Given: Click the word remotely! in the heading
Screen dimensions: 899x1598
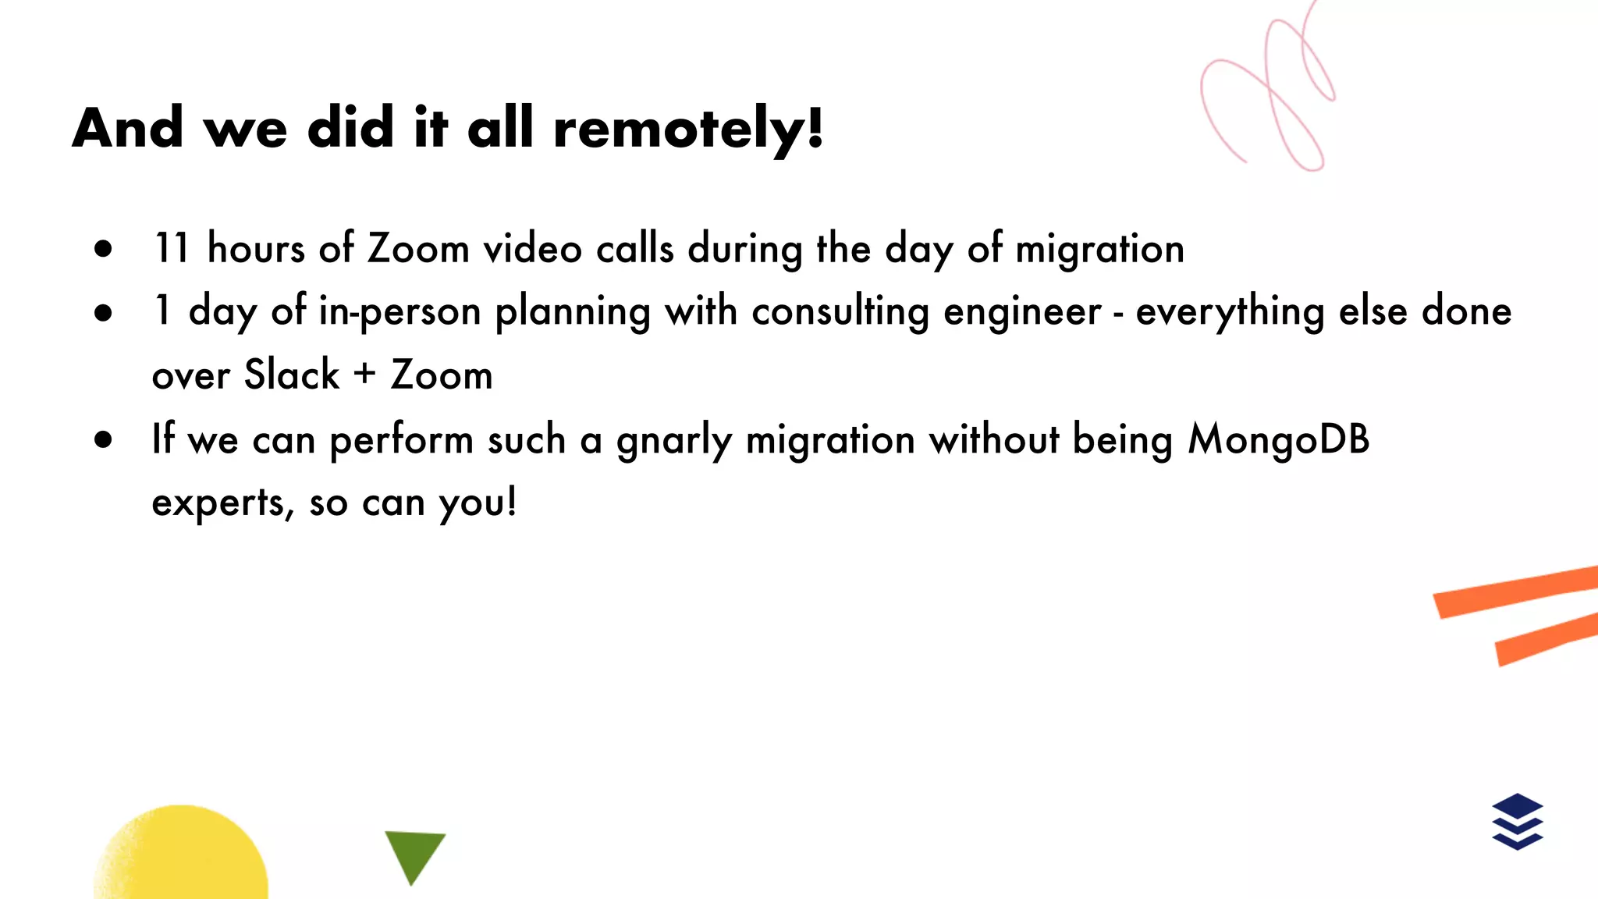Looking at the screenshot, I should coord(688,129).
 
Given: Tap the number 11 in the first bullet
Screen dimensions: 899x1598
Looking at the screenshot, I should coord(172,249).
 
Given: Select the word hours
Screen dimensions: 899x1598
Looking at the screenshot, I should coord(256,249).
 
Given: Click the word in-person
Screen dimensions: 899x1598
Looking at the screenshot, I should coord(399,312).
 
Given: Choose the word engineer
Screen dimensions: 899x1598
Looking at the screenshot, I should coord(1022,312).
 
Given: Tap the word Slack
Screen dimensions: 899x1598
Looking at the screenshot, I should coord(292,375).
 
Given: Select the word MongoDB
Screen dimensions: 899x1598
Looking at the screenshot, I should coord(1279,439).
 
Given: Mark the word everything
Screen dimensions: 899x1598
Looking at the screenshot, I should coord(1230,312).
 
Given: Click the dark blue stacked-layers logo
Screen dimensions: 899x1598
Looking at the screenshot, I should coord(1518,821).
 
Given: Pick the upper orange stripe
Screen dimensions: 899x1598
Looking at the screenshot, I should coord(1514,592).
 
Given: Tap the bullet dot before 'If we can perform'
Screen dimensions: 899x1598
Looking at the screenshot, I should coord(103,439).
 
